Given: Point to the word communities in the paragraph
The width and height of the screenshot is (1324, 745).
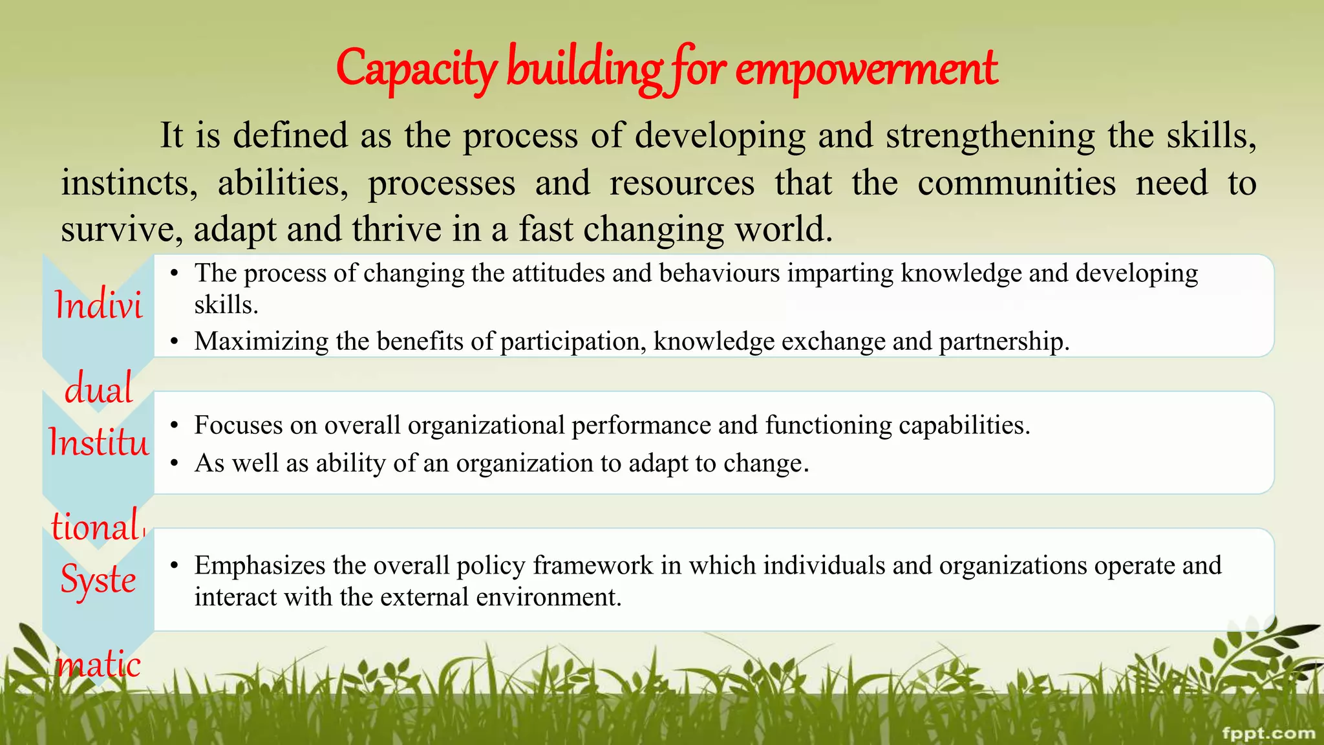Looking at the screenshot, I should [1016, 183].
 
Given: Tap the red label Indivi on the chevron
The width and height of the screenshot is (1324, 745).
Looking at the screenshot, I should [98, 305].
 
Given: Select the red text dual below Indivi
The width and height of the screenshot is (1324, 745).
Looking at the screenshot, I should [98, 389].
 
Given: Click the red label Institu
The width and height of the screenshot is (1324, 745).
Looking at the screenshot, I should [98, 443].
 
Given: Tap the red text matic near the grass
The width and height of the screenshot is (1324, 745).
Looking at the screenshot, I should [98, 665].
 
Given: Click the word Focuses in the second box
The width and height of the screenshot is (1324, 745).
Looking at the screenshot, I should [239, 426].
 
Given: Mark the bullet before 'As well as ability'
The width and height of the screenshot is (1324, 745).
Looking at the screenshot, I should [174, 464].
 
